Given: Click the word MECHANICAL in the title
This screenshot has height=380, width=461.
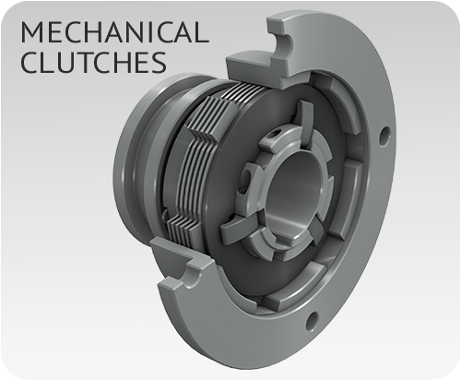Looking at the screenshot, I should click(110, 34).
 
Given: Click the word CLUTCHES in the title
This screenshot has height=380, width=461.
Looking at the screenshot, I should click(90, 65).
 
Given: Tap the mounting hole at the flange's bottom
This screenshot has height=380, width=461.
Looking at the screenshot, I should click(315, 320).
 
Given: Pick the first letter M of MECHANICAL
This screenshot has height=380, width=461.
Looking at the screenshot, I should click(31, 34).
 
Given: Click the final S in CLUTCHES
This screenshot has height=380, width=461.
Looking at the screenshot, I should click(159, 65).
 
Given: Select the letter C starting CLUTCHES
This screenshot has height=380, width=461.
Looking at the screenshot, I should click(29, 65).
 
